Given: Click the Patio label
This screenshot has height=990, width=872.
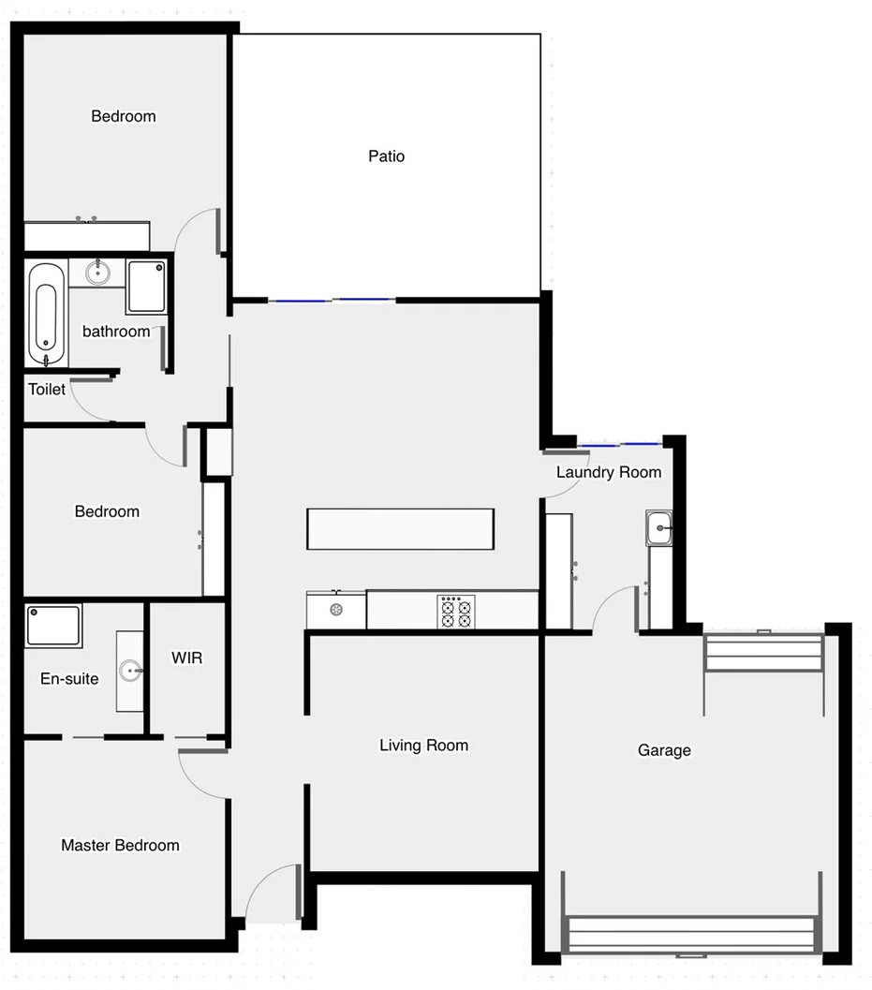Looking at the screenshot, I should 386,156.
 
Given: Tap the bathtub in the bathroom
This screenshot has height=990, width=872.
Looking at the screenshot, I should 45,314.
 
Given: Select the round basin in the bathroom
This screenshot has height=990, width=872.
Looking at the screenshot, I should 97,273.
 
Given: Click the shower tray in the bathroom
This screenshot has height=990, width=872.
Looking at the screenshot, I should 147,286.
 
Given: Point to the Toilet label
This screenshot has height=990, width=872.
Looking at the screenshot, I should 47,389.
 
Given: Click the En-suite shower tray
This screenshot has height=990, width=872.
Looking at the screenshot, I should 53,626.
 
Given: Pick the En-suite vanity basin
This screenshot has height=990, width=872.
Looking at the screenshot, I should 131,671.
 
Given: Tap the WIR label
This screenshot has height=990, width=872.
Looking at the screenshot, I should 187,658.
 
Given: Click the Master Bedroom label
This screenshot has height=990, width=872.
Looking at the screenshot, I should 120,845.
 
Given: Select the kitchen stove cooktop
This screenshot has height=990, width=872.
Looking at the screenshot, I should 455,612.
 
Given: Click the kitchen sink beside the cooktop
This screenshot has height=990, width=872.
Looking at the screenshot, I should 334,611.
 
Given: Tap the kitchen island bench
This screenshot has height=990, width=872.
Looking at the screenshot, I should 400,528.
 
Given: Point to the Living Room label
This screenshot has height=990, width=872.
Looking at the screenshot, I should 423,746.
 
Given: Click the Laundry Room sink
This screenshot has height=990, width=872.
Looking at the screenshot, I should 659,528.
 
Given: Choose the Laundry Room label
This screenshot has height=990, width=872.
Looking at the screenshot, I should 609,472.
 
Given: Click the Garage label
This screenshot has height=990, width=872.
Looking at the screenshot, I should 664,750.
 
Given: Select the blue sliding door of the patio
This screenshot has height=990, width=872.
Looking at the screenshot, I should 332,300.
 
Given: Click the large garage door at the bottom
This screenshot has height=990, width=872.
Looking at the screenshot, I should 691,935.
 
